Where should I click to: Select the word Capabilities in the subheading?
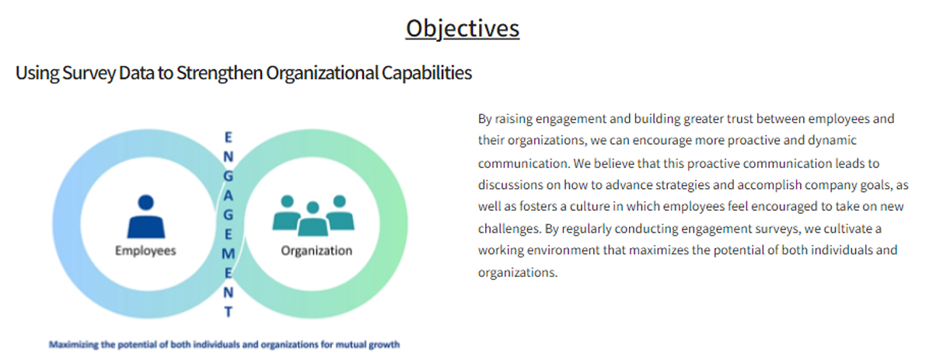[427, 73]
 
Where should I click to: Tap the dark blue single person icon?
[146, 216]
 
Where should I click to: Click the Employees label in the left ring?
[145, 250]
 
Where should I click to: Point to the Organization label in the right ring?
[316, 250]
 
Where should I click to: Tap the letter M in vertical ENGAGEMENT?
[229, 253]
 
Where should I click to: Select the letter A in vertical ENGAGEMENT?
[229, 195]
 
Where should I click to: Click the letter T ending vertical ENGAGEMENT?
[229, 312]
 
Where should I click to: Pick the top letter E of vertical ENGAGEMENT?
[229, 137]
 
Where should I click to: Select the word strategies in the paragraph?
[683, 184]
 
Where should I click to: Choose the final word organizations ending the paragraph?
[518, 272]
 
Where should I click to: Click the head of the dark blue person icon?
[146, 202]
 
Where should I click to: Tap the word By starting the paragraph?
[485, 119]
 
